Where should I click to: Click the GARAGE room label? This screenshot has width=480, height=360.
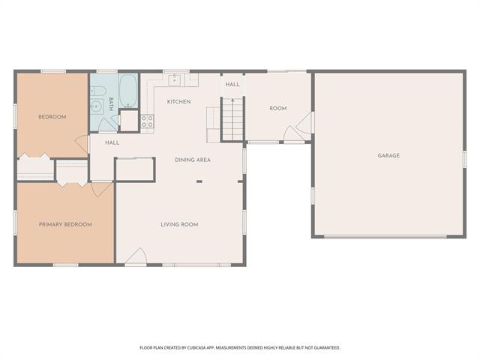(x=388, y=156)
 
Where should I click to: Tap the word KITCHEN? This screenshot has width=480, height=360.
(x=178, y=102)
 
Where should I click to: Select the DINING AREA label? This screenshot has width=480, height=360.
(x=192, y=160)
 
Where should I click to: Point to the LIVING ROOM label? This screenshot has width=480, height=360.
(x=179, y=224)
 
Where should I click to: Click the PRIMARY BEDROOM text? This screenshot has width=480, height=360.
(x=65, y=224)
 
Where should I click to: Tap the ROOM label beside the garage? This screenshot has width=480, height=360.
(x=278, y=109)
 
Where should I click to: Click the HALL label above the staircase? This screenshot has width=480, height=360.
(x=232, y=85)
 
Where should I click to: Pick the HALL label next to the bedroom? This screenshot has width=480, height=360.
(x=112, y=142)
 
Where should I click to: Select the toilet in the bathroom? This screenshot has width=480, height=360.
(x=97, y=91)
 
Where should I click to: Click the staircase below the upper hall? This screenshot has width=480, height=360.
(x=233, y=118)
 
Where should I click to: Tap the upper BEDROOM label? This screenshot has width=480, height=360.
(x=52, y=117)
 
